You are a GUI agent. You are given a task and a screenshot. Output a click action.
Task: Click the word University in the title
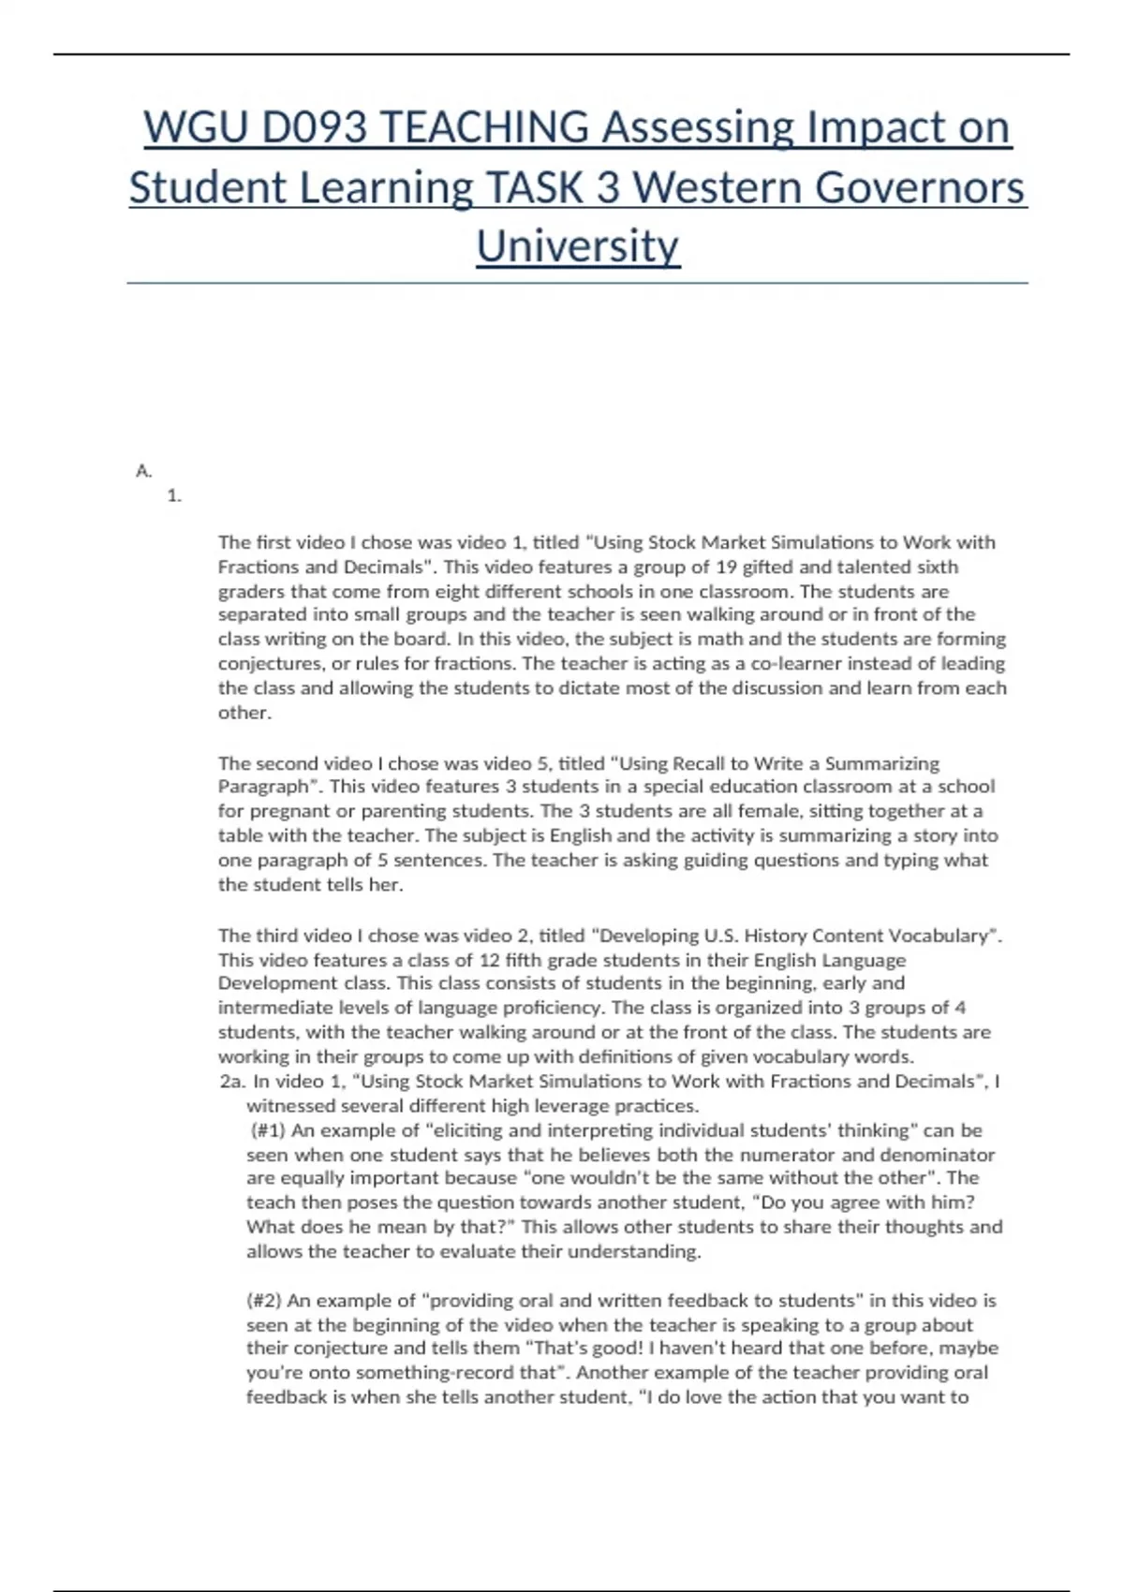tap(578, 246)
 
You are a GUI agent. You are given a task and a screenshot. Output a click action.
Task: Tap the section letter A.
tap(143, 471)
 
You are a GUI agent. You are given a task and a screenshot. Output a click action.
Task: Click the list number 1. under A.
tap(174, 496)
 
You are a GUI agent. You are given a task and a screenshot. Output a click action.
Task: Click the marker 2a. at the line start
tap(232, 1082)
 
